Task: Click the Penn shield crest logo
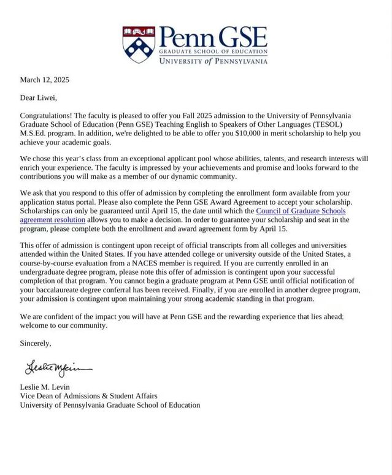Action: [139, 45]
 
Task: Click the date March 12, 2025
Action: [45, 80]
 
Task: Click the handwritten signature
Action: [58, 368]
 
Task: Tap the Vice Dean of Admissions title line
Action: [88, 396]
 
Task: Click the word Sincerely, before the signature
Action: [36, 343]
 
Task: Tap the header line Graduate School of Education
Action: [213, 53]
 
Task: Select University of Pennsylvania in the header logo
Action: [213, 61]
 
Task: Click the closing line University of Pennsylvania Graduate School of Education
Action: [110, 405]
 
